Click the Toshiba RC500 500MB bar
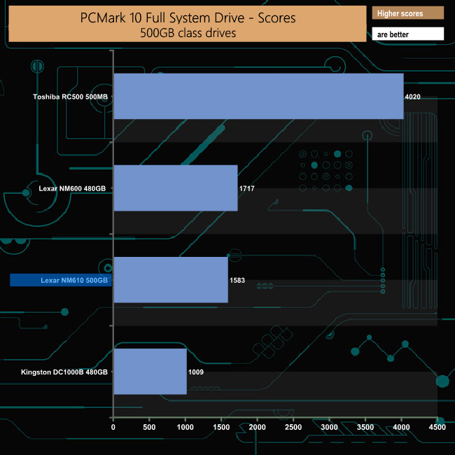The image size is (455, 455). [258, 96]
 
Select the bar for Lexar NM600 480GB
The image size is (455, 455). [175, 188]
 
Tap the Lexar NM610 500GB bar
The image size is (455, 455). [170, 280]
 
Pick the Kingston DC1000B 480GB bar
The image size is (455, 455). [150, 372]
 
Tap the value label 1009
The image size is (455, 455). [196, 372]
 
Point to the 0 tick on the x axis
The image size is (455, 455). [113, 426]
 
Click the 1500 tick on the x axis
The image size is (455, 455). [221, 426]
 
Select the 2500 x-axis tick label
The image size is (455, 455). [293, 426]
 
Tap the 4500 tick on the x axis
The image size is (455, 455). [437, 426]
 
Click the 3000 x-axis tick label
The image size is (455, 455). [329, 426]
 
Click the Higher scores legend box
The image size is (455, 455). [409, 13]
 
